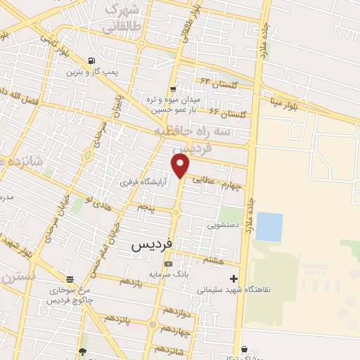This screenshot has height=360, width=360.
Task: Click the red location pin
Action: coord(181,167)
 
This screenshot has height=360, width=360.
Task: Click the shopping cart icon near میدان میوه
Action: coord(173,89)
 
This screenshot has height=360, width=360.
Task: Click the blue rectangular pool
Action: coord(269,226)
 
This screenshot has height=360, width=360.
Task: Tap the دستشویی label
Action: coord(222,226)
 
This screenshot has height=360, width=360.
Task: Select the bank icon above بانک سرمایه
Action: coord(167,264)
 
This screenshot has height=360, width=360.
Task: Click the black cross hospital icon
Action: coord(233,278)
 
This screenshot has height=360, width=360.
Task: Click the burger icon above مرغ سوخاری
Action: coord(69,278)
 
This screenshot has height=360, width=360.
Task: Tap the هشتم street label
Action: coord(212,261)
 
